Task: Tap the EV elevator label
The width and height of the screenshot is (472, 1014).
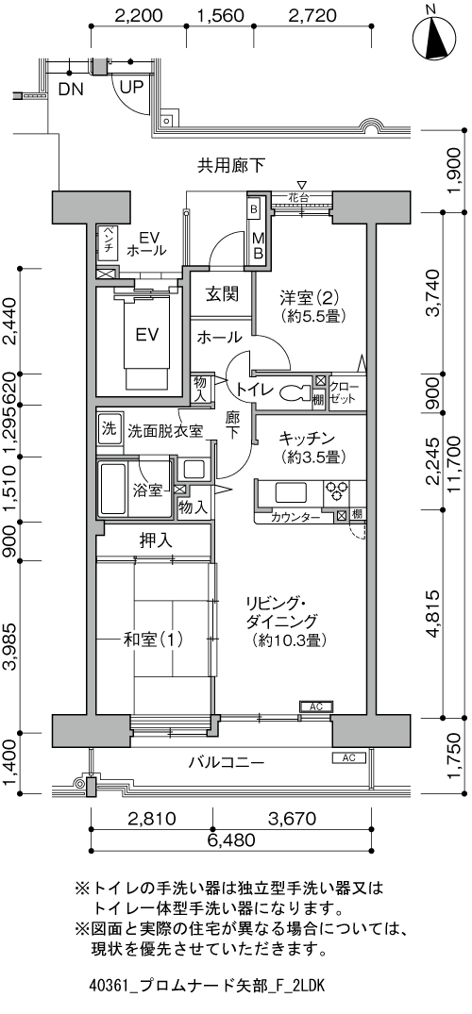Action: [x=146, y=335]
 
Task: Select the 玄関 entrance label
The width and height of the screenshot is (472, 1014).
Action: [x=222, y=293]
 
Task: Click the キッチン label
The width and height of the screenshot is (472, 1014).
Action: [x=308, y=438]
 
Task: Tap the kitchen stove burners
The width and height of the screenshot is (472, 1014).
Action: [x=337, y=492]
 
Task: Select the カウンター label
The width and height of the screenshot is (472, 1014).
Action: [x=294, y=517]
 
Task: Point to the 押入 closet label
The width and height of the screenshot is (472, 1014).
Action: [x=156, y=540]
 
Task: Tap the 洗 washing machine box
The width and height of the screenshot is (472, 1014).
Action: [x=109, y=427]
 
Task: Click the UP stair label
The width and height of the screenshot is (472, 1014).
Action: [x=131, y=87]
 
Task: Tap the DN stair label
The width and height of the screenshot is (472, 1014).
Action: [x=70, y=91]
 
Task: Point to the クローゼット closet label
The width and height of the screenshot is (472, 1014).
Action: [x=345, y=392]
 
